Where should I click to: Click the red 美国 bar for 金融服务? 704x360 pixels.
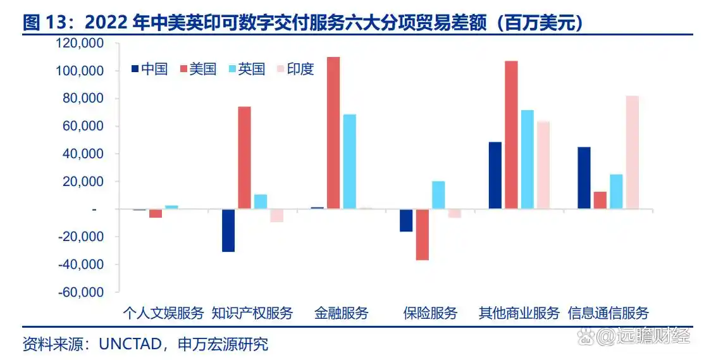point(333,133)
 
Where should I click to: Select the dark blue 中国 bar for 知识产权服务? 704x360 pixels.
point(228,230)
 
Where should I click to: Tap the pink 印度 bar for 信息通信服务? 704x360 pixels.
point(632,152)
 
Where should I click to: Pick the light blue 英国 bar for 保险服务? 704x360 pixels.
point(438,195)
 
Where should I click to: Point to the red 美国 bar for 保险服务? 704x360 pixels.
point(422,234)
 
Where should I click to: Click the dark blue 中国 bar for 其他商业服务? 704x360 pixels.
point(495,175)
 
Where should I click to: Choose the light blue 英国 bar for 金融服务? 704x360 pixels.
point(349,161)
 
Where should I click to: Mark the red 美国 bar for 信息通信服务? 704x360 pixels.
point(600,200)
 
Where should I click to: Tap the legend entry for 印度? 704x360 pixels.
point(295,69)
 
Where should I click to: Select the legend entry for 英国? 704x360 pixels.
point(247,69)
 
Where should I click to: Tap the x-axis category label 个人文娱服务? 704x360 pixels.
point(163,313)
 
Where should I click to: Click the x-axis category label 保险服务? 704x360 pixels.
point(430,313)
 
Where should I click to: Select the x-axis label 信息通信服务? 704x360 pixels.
point(608,313)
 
